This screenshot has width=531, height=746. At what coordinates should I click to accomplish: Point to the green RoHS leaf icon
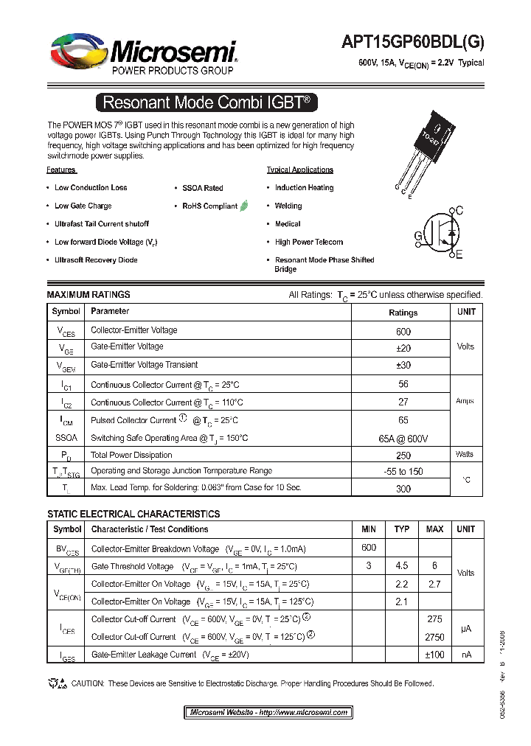(244, 206)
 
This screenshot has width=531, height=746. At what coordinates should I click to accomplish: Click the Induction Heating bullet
(304, 188)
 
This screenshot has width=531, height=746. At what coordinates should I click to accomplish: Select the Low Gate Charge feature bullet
(83, 206)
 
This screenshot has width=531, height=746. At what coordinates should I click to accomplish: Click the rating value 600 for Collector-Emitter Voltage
(403, 332)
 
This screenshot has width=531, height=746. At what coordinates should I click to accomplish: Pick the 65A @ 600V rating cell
(403, 439)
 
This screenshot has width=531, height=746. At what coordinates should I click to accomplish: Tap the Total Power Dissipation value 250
(403, 456)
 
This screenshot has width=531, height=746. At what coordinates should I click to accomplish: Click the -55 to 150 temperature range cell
(403, 472)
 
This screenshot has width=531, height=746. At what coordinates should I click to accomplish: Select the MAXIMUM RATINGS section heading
(88, 295)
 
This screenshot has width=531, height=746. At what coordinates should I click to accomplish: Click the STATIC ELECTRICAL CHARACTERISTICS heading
(133, 514)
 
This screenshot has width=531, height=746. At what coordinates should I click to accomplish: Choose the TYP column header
(402, 529)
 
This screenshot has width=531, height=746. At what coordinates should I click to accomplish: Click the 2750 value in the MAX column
(434, 637)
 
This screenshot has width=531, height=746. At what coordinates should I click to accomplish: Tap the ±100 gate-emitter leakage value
(434, 655)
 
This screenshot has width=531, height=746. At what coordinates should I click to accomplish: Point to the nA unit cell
(465, 655)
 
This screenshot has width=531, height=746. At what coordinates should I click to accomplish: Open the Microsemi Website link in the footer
(268, 713)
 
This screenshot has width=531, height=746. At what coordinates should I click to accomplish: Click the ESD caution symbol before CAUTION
(58, 683)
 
